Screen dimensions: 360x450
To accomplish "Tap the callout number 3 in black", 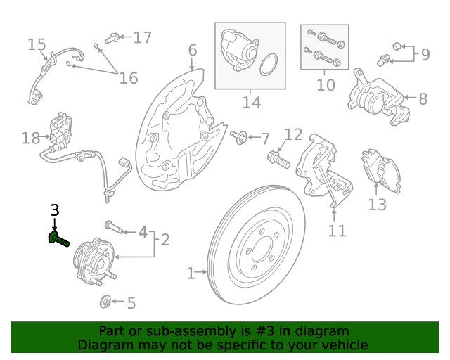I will [x=55, y=210].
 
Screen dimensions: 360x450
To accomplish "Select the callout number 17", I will [x=143, y=37].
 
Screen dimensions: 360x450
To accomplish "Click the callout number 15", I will [x=37, y=45].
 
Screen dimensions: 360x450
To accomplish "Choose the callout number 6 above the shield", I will [x=192, y=51].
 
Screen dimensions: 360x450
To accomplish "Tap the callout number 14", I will [x=251, y=102].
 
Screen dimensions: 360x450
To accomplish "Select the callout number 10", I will [x=326, y=85].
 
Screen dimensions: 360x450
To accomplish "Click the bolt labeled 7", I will [x=239, y=136].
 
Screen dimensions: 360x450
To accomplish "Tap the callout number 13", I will [x=378, y=205].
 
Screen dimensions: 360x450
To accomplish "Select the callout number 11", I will [x=337, y=230].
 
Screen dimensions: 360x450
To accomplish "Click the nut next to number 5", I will [x=104, y=302].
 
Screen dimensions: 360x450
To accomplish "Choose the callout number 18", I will [x=31, y=138].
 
